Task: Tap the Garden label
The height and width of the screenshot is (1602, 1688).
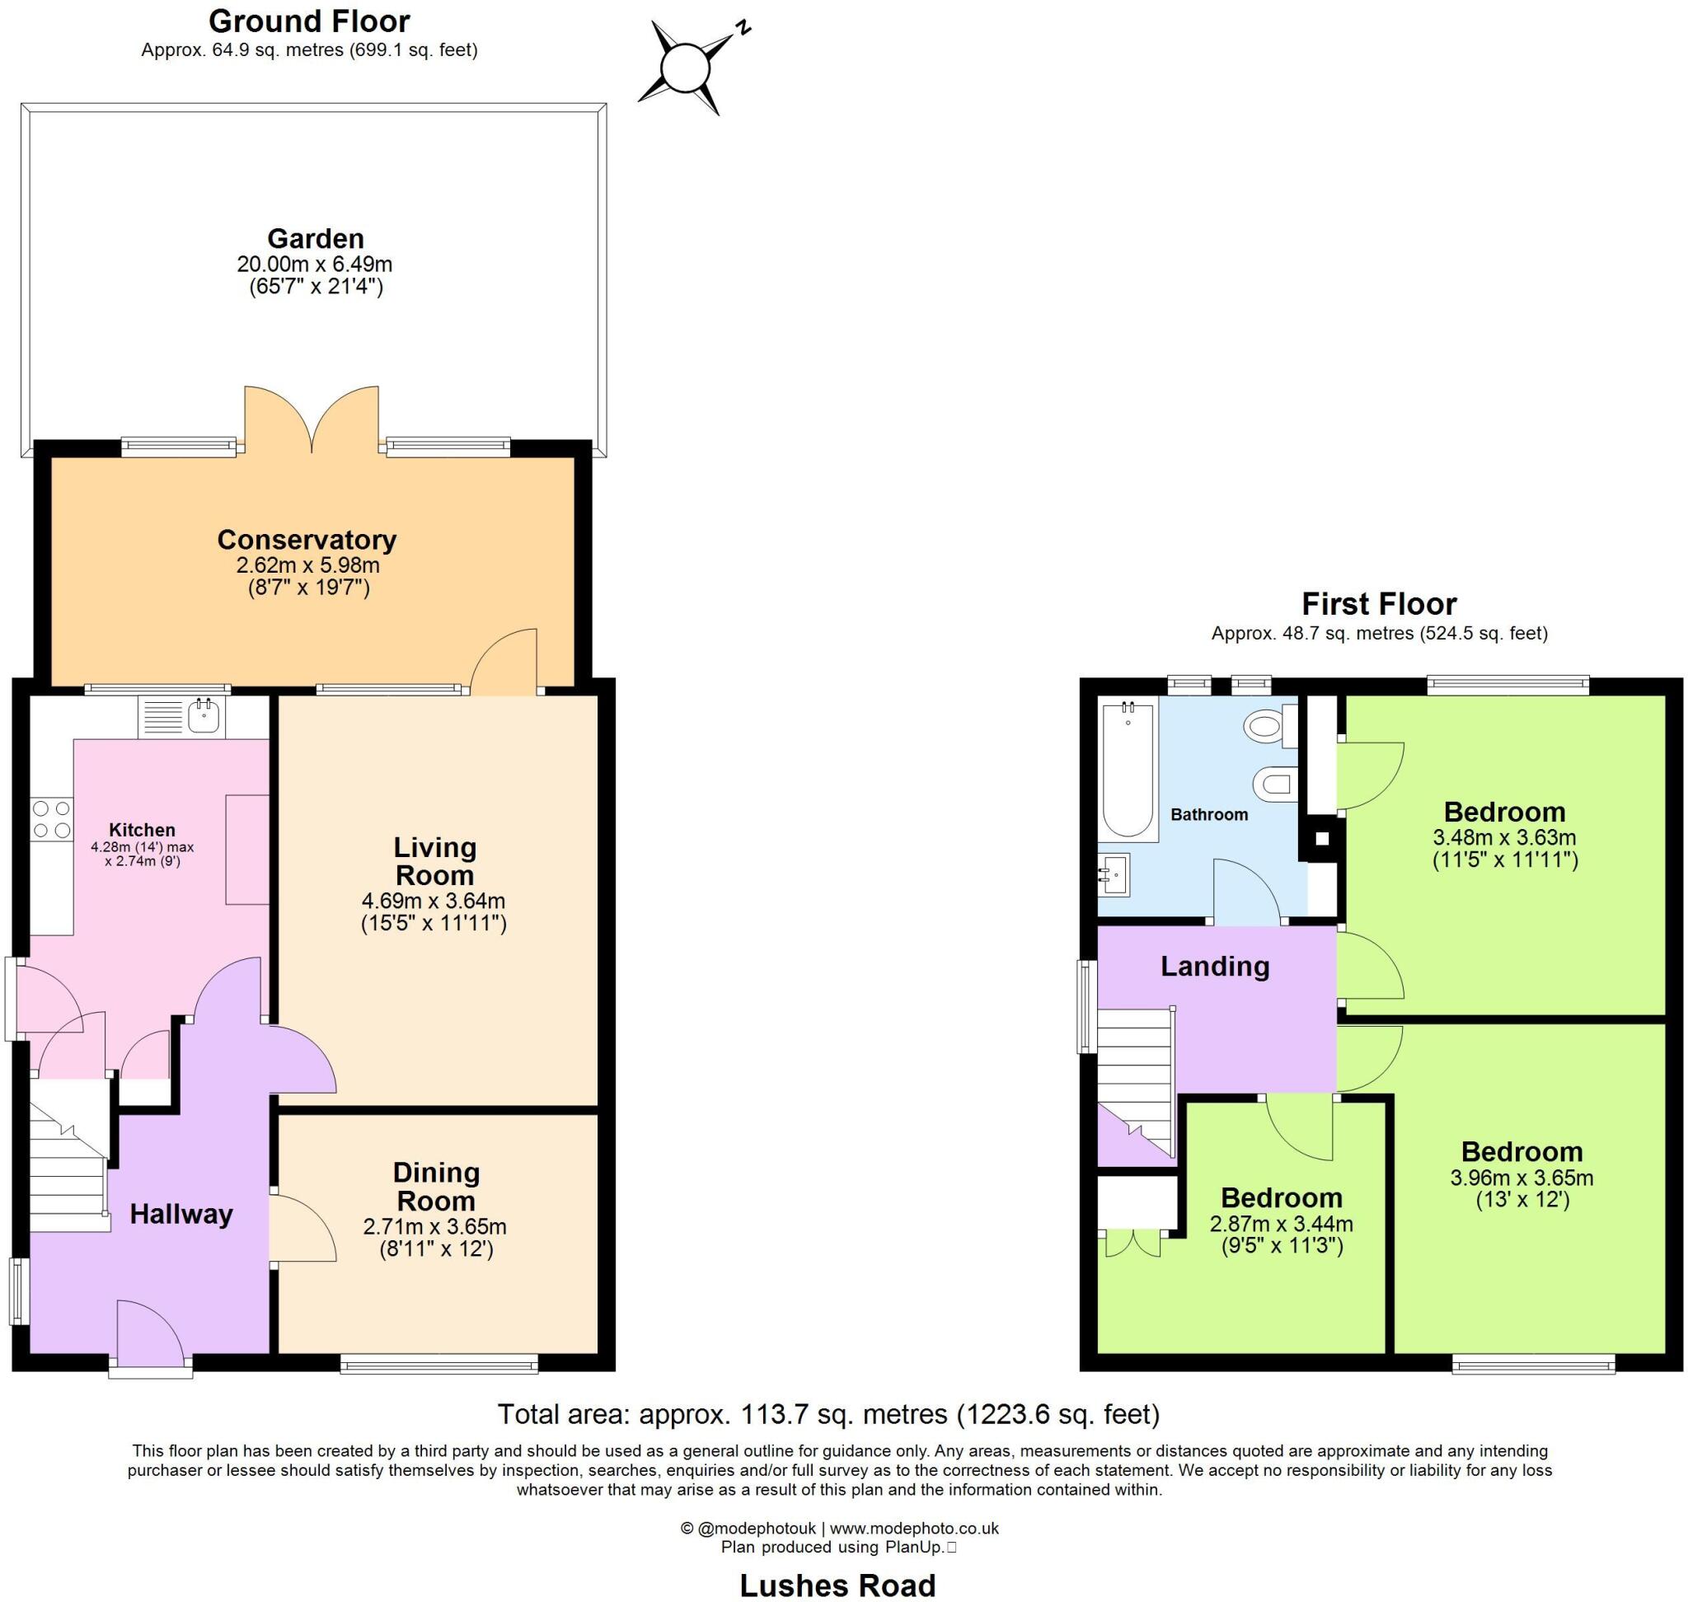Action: [315, 238]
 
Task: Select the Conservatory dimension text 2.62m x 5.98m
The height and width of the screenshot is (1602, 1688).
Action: [307, 565]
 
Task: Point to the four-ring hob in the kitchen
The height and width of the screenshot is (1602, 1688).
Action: [51, 818]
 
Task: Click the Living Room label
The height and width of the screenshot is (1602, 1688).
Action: [434, 861]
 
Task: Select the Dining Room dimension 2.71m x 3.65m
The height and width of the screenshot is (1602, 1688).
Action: [435, 1226]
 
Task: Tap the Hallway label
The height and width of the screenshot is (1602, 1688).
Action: [181, 1214]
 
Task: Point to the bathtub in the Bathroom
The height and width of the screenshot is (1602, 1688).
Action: [1128, 769]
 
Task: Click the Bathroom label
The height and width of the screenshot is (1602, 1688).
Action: [1209, 815]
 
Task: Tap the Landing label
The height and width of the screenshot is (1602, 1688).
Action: [1214, 966]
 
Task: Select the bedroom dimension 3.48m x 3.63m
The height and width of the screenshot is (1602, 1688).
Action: [1504, 838]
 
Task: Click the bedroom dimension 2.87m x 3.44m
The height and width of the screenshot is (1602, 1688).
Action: [1282, 1223]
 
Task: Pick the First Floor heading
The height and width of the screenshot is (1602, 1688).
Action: [1378, 604]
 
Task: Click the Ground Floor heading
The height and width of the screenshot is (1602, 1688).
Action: [309, 21]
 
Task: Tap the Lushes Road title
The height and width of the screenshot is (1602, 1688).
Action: [837, 1585]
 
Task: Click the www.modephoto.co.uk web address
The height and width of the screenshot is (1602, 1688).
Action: [914, 1529]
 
